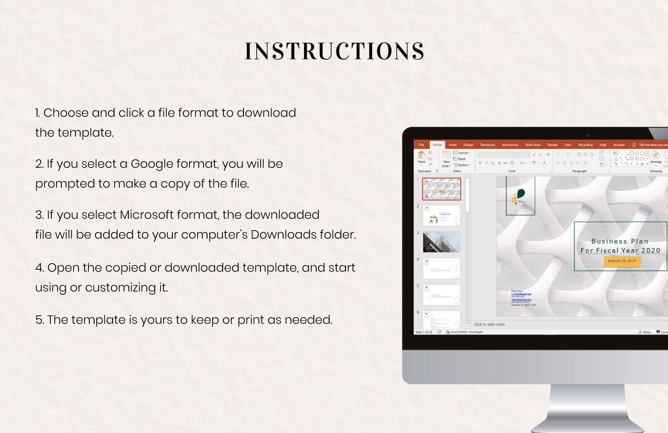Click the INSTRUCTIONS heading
click(x=334, y=51)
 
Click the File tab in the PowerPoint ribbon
click(x=421, y=145)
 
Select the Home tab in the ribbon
click(x=437, y=145)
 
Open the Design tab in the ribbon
click(x=468, y=145)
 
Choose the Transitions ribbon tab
click(x=487, y=145)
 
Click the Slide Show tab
click(x=533, y=145)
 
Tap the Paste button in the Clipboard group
click(x=421, y=157)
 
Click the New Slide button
click(x=446, y=159)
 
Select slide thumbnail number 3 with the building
click(x=441, y=242)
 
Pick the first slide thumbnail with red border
click(x=441, y=189)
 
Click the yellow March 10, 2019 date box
click(x=622, y=261)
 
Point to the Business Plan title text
click(x=620, y=241)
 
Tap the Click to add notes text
click(x=489, y=324)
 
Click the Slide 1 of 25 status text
click(x=424, y=332)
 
